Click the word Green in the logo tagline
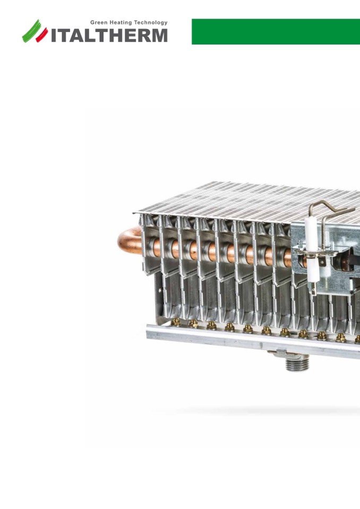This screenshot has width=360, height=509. click(x=98, y=23)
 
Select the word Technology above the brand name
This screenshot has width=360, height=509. click(x=151, y=23)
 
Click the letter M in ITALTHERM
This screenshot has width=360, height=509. click(x=159, y=36)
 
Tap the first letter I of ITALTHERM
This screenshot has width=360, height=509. click(x=54, y=36)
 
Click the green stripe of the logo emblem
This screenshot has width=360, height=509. click(x=31, y=30)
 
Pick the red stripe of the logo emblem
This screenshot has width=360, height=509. click(x=41, y=35)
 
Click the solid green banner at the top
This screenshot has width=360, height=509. click(x=276, y=31)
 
